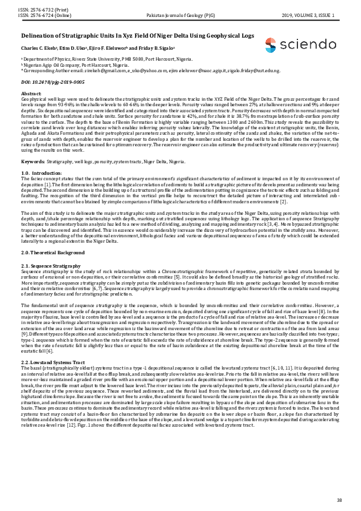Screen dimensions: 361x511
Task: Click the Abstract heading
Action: tap(31, 92)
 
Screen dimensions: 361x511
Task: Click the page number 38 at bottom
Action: tap(339, 499)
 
